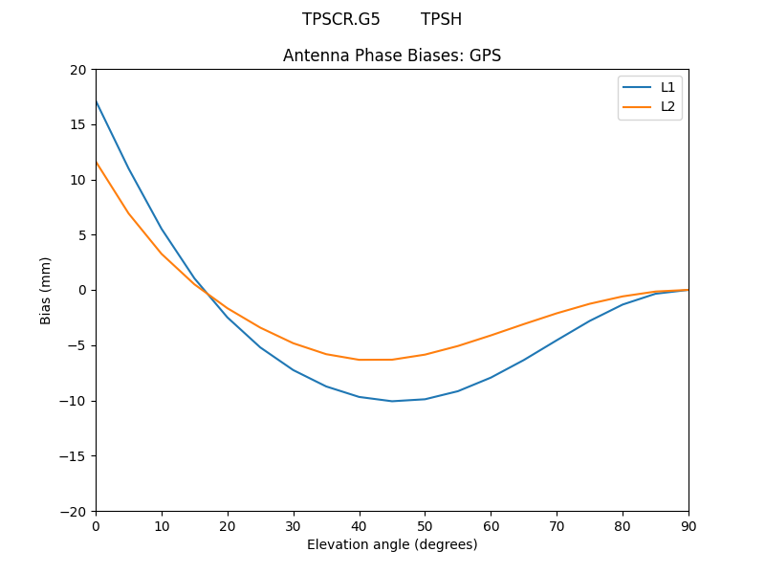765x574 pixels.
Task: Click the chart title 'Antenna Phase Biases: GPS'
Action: (392, 55)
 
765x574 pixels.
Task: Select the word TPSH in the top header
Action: (441, 19)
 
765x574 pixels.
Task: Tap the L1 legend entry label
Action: (668, 87)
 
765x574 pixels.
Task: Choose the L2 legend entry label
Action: (668, 106)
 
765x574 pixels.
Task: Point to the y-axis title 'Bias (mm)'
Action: (46, 290)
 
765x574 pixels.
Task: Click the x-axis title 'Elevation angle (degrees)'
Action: (392, 544)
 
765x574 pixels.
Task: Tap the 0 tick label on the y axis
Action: (82, 290)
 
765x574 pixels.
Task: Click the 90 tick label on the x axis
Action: (688, 525)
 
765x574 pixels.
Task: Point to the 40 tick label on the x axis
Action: (360, 525)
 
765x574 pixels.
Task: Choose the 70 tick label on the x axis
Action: (557, 525)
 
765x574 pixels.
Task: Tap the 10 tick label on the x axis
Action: (162, 525)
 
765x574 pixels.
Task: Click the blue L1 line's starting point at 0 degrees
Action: (97, 101)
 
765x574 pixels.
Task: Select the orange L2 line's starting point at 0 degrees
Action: (97, 162)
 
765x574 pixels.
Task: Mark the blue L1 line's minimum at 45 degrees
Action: (392, 401)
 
